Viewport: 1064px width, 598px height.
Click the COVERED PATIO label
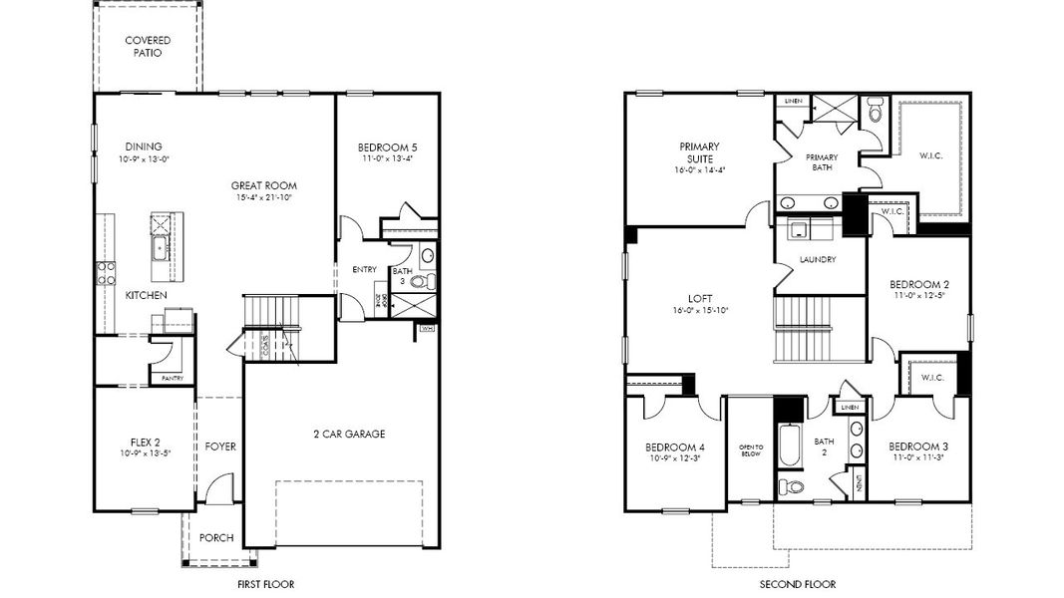[148, 47]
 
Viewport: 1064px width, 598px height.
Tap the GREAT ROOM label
[264, 185]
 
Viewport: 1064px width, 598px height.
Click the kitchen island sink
[160, 247]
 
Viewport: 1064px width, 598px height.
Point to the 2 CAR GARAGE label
[343, 434]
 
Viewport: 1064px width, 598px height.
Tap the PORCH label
[216, 538]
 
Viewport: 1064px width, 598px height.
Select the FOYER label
[220, 447]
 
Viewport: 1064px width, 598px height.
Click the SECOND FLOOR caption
[798, 584]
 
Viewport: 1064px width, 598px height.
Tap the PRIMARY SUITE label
[699, 152]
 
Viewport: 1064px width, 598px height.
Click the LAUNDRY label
[818, 260]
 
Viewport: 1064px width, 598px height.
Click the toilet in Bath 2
[792, 487]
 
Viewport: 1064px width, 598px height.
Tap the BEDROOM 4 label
[675, 447]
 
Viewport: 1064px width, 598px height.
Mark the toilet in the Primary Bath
[877, 112]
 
